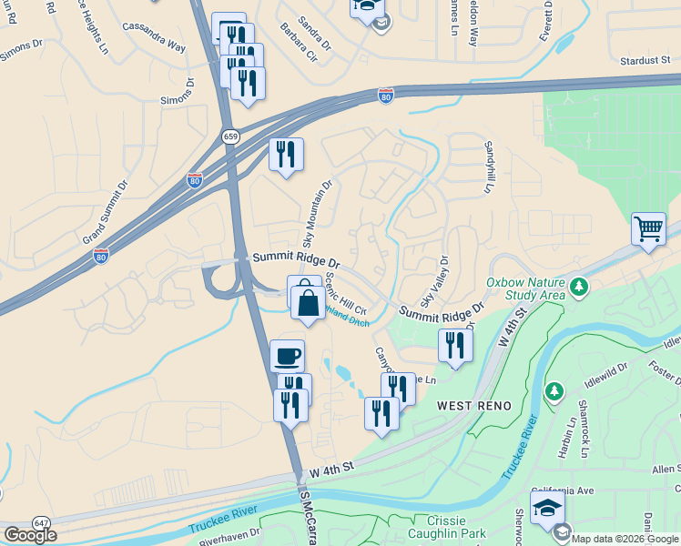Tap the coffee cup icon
pyautogui.click(x=287, y=355)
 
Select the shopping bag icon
pyautogui.click(x=308, y=301)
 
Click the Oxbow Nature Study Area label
pyautogui.click(x=527, y=288)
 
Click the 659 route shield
pyautogui.click(x=230, y=136)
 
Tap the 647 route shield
pyautogui.click(x=42, y=522)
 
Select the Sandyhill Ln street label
pyautogui.click(x=488, y=167)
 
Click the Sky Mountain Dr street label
pyautogui.click(x=318, y=213)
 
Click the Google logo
pyautogui.click(x=30, y=535)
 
